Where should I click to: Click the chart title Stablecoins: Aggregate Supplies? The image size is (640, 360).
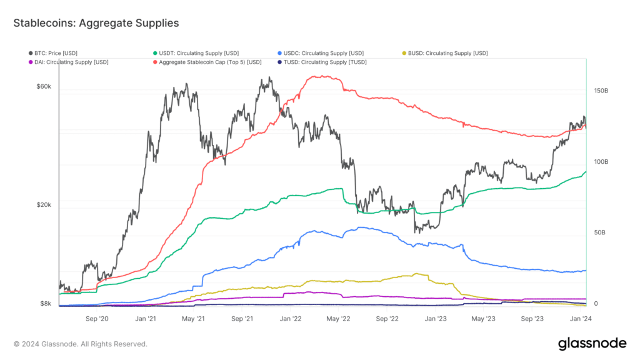point(96,23)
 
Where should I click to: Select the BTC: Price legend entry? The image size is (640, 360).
point(56,53)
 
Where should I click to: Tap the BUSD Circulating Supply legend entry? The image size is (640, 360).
point(447,53)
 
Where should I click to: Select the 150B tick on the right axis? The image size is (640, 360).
point(600,91)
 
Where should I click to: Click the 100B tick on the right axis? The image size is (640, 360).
point(600,162)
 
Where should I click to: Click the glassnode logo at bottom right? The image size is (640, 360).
point(592,343)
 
